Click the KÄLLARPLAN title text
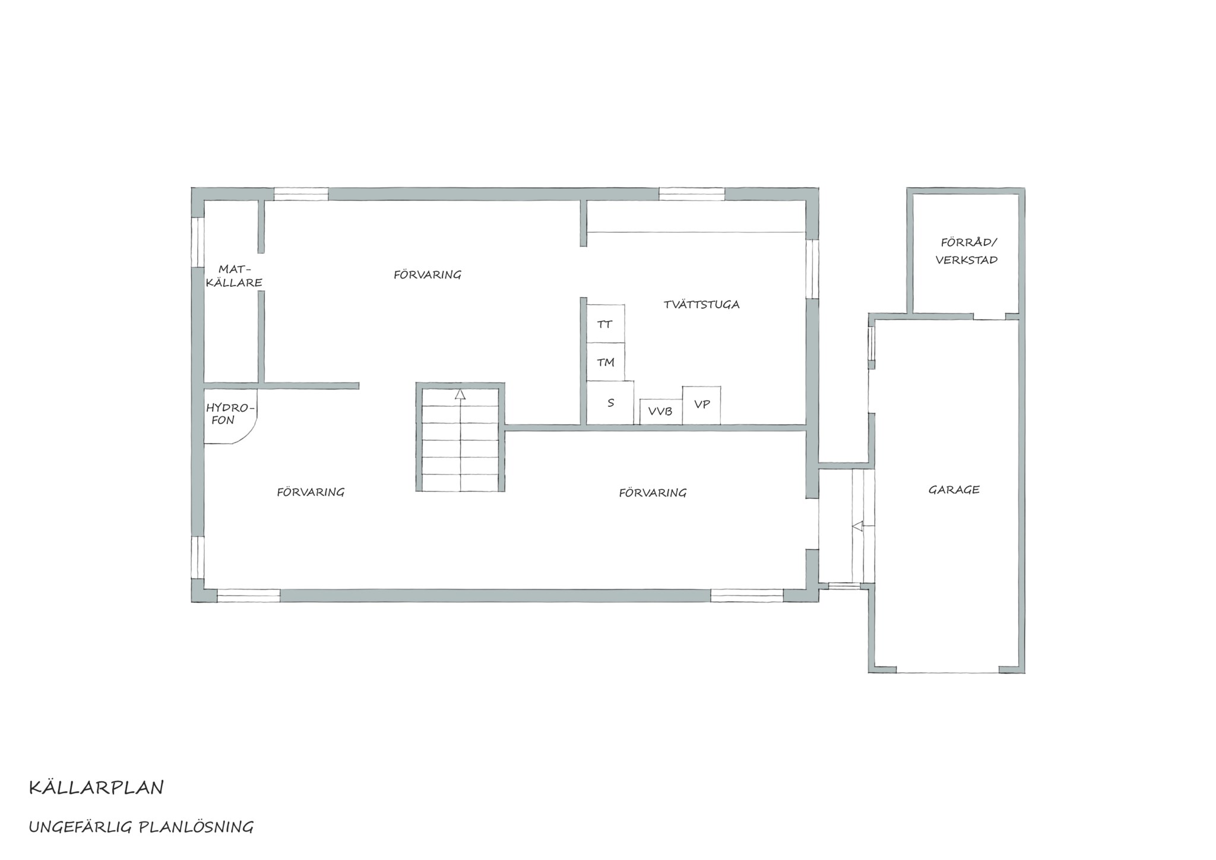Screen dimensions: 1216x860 96,788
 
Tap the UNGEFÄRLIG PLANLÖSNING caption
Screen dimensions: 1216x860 141,827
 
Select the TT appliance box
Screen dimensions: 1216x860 606,324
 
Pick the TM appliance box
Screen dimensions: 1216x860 606,362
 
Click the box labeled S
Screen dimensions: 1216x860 610,403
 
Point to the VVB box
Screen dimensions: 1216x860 661,412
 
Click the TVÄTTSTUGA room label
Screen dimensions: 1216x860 702,305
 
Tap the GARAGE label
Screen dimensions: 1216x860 954,490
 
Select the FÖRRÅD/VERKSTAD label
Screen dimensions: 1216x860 967,251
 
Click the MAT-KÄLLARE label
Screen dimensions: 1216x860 235,276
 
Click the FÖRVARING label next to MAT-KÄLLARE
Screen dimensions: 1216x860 427,274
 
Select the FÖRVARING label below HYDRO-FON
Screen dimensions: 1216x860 311,492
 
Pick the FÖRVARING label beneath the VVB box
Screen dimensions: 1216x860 653,493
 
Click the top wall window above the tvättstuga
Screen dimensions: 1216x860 692,194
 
